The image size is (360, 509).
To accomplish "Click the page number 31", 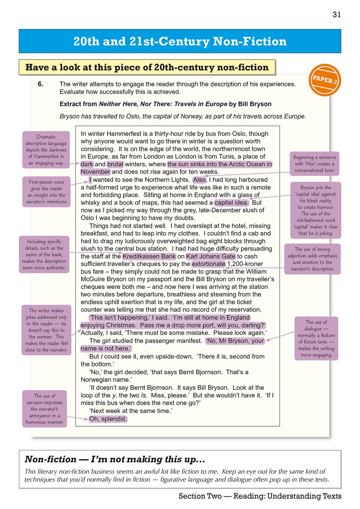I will coord(336,15).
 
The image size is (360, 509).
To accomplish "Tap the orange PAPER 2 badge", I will coord(325,80).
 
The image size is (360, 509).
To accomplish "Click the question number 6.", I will coord(40,84).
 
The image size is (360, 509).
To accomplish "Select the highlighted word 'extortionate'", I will coord(209,264).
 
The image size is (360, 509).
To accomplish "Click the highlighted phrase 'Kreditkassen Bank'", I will coord(149,256).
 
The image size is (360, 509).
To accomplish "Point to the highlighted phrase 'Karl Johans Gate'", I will coord(211,256).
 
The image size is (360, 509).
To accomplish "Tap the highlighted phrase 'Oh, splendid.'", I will coord(108,419).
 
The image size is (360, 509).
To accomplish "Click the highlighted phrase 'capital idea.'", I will coord(231,203).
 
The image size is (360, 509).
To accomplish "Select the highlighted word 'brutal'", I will coord(115,164).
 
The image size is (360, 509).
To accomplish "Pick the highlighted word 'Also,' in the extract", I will coord(200,180).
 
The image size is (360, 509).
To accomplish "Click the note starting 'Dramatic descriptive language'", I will coord(46,150).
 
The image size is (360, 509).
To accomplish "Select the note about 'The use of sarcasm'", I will coord(45,409).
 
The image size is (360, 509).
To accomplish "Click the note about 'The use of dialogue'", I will coord(316,338).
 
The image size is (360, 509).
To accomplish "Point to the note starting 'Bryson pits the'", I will coord(316,210).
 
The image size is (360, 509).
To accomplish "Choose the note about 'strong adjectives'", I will coord(312,259).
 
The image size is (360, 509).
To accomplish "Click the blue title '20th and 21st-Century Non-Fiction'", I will coord(180,41).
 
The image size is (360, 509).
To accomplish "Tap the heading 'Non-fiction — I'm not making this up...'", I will coord(115,459).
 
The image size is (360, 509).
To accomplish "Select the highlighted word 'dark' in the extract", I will coord(87,164).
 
